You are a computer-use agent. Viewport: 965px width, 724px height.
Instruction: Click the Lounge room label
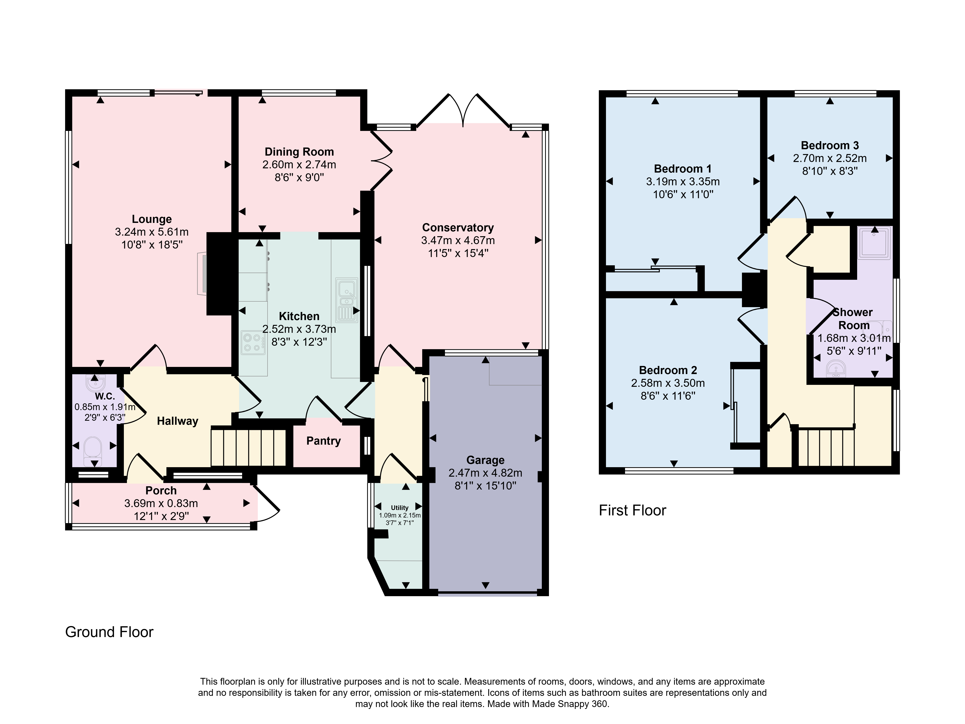click(x=152, y=219)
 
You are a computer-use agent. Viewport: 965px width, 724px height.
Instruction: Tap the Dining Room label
click(x=299, y=152)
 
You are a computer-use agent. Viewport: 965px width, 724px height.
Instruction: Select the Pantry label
click(x=323, y=441)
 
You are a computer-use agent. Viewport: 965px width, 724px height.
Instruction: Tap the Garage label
click(x=486, y=460)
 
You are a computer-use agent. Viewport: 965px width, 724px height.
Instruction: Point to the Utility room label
click(x=400, y=508)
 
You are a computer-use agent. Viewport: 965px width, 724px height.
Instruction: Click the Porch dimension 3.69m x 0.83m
click(x=161, y=503)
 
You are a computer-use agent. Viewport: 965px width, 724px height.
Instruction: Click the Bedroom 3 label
click(x=830, y=145)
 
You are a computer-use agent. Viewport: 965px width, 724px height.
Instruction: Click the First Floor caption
click(x=633, y=511)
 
